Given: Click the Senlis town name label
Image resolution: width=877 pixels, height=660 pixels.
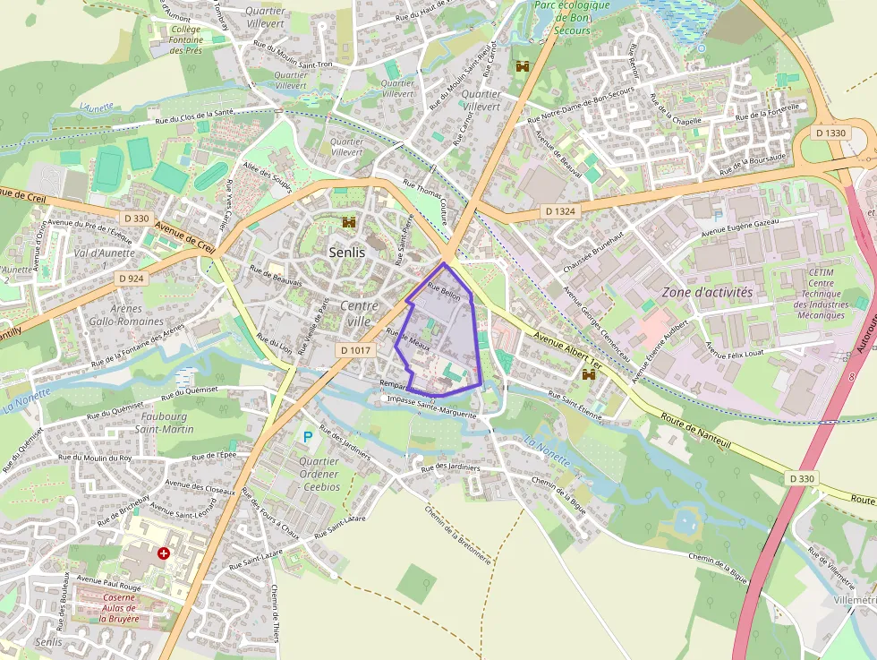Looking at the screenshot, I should (346, 253).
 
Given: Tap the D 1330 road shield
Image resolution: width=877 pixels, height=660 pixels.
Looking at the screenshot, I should (831, 133).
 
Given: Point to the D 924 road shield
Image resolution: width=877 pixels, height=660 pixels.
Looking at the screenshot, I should (131, 279).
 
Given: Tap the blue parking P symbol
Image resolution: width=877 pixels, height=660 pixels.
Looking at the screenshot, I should (308, 437).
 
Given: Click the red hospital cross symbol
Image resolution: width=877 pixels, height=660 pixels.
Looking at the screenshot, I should (164, 554).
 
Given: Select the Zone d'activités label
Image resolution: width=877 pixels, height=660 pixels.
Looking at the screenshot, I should (707, 292).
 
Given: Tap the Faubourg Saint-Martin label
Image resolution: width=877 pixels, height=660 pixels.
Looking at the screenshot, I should (164, 424).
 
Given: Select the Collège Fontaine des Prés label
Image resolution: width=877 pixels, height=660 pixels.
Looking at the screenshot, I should (186, 39).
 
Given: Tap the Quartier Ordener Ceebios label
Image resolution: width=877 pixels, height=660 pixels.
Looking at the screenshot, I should (319, 475).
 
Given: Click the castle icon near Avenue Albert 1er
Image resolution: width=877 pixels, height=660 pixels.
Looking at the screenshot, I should (589, 375).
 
